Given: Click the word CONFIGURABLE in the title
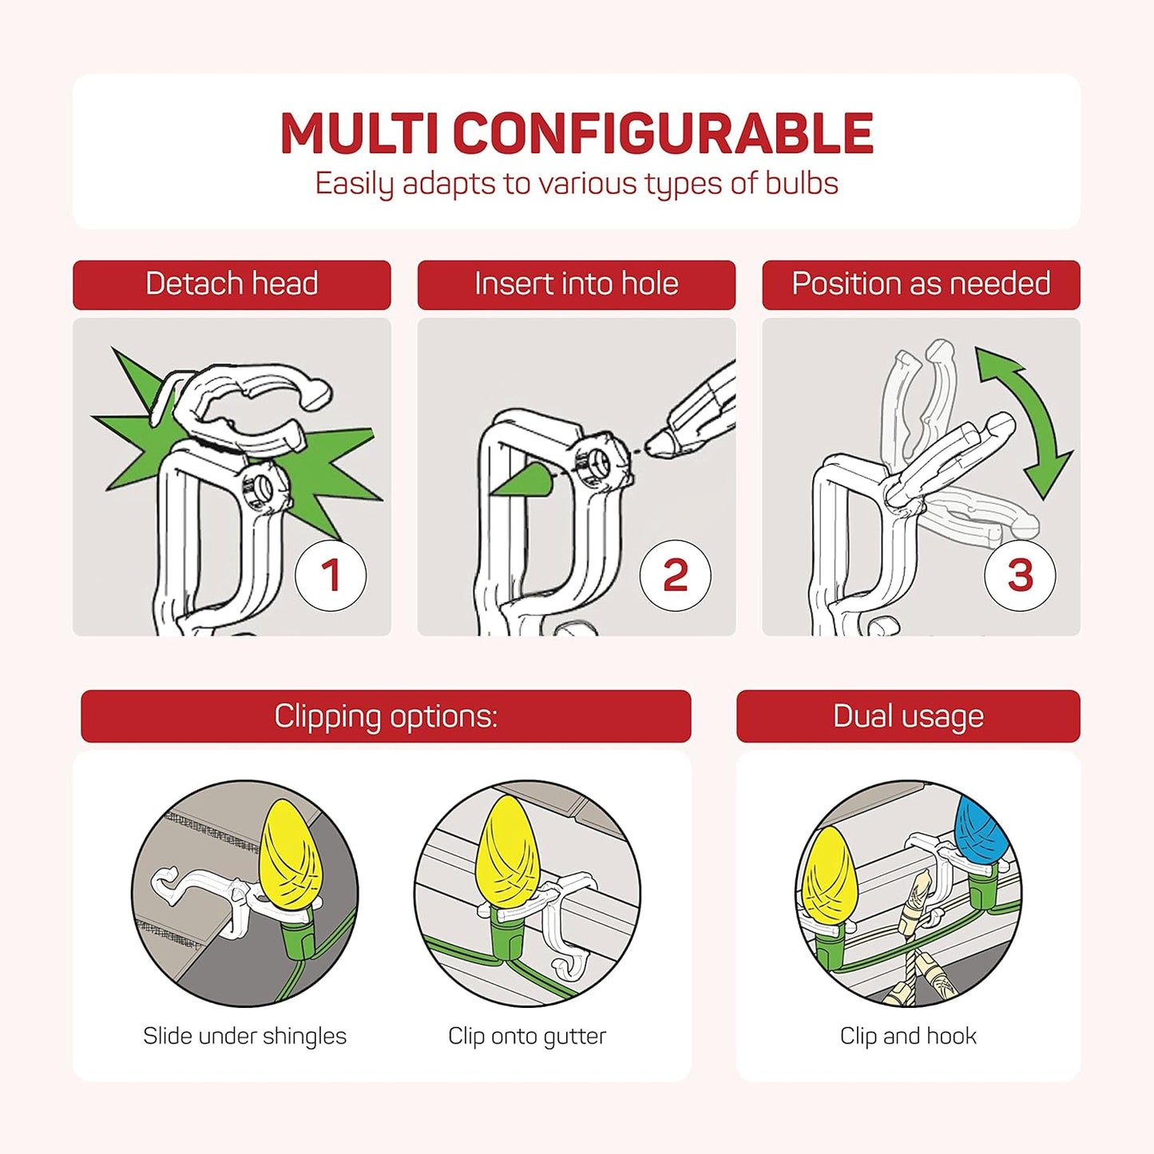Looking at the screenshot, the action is pyautogui.click(x=662, y=133).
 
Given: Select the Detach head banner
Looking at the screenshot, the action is pyautogui.click(x=232, y=284).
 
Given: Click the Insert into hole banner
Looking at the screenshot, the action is pyautogui.click(x=576, y=284).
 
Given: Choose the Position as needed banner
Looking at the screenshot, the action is pyautogui.click(x=921, y=284).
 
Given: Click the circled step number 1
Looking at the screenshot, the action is pyautogui.click(x=331, y=575).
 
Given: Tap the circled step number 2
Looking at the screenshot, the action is pyautogui.click(x=676, y=575).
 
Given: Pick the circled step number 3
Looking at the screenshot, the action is pyautogui.click(x=1021, y=575).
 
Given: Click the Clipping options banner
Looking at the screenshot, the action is pyautogui.click(x=386, y=716).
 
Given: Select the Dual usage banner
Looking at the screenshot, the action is pyautogui.click(x=909, y=716).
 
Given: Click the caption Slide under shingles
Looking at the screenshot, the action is pyautogui.click(x=245, y=1036).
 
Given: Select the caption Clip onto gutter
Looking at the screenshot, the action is pyautogui.click(x=527, y=1036).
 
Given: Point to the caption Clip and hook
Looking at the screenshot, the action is pyautogui.click(x=908, y=1036).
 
